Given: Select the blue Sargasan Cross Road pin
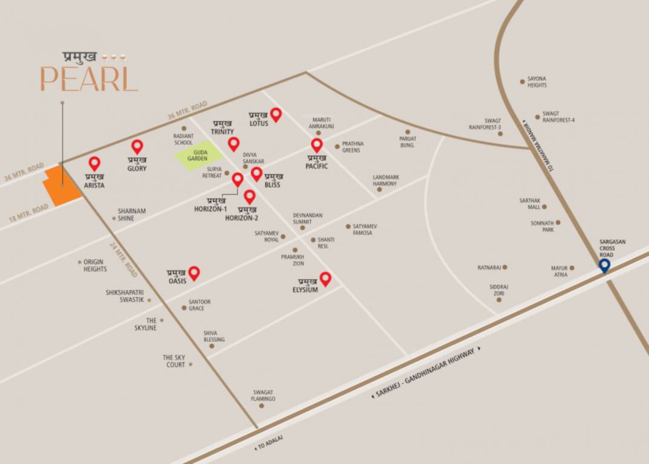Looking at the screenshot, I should [x=604, y=265].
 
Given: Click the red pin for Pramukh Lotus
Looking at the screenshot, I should [x=276, y=114].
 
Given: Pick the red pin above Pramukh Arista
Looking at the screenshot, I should [x=94, y=163].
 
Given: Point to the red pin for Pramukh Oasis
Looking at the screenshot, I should [x=194, y=273].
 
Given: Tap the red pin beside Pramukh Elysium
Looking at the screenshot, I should [x=325, y=279].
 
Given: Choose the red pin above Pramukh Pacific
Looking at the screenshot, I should [x=317, y=145].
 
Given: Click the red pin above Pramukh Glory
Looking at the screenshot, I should [x=137, y=146].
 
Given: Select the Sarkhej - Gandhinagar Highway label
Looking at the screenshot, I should [x=427, y=372].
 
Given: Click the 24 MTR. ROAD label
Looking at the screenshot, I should [x=124, y=259].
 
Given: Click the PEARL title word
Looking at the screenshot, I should [x=89, y=80].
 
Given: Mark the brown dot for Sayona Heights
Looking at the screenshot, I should [x=523, y=81].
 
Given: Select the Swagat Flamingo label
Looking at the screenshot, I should [x=263, y=396].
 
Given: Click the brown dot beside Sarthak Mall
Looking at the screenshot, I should [x=544, y=207].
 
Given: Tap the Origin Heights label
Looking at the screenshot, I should [x=95, y=265].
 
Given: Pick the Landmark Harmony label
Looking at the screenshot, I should [x=385, y=180].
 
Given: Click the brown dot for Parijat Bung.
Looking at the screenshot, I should [x=408, y=131].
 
